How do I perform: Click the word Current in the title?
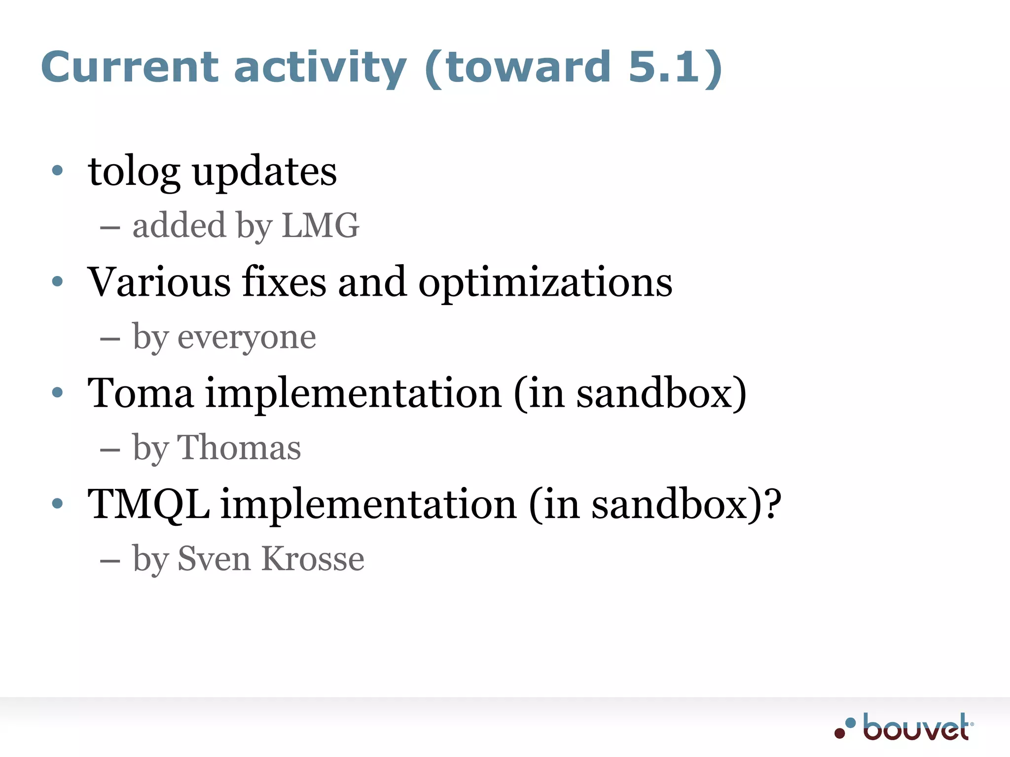(129, 67)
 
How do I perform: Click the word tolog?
(134, 172)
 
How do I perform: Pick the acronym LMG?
(321, 226)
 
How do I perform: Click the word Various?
(159, 282)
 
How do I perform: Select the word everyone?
(247, 338)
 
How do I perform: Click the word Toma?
(141, 393)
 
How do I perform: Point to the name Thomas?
(239, 448)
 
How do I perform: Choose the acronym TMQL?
(148, 504)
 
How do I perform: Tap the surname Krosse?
(313, 559)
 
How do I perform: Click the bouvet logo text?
(916, 728)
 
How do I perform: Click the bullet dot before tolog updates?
(58, 171)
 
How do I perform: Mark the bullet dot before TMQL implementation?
(58, 503)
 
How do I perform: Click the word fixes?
(284, 282)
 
